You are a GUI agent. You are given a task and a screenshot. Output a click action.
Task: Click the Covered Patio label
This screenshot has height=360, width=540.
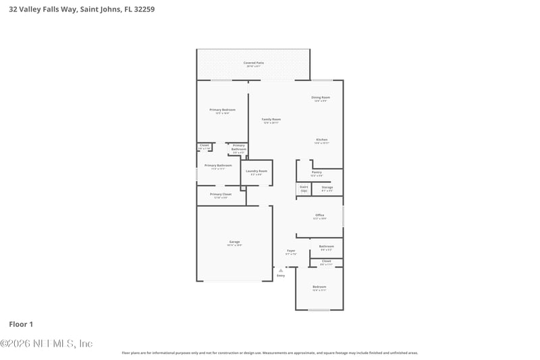tap(254, 63)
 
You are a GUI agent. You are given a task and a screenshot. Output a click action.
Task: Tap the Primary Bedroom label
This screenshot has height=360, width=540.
tap(222, 109)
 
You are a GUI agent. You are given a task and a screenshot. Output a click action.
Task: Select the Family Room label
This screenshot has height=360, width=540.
tap(271, 120)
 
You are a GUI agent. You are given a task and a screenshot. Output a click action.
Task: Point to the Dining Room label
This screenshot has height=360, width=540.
tap(321, 97)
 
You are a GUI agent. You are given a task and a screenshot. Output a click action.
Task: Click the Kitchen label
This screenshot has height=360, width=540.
tap(321, 140)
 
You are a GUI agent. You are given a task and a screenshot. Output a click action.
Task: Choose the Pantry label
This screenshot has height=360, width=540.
tap(317, 172)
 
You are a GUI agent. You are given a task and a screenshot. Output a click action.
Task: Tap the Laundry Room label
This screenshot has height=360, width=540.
tap(256, 172)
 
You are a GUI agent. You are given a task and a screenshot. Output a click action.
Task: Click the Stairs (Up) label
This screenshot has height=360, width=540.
tap(304, 188)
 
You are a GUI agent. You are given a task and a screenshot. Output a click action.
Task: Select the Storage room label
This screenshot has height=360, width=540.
tap(327, 187)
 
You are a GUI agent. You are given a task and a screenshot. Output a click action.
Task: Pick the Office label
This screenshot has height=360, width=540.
tap(320, 215)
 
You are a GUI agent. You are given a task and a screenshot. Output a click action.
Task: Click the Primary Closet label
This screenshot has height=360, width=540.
tap(221, 195)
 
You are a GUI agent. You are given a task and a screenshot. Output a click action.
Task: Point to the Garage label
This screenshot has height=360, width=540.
tap(234, 242)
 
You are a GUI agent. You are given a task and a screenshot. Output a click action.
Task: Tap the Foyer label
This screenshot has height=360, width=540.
tap(291, 251)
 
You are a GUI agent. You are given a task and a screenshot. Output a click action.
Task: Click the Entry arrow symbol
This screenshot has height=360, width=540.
tap(281, 270)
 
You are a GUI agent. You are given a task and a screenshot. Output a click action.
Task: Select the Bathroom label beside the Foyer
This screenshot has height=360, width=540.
tap(327, 247)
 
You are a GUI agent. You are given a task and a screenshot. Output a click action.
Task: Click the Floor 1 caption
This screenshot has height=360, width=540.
tap(20, 324)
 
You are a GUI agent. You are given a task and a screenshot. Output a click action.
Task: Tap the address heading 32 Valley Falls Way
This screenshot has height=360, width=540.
tap(78, 9)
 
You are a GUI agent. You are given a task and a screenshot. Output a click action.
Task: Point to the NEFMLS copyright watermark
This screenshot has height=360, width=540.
tap(47, 344)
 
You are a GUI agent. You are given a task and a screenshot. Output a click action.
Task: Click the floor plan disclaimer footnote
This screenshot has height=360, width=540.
tap(269, 353)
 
